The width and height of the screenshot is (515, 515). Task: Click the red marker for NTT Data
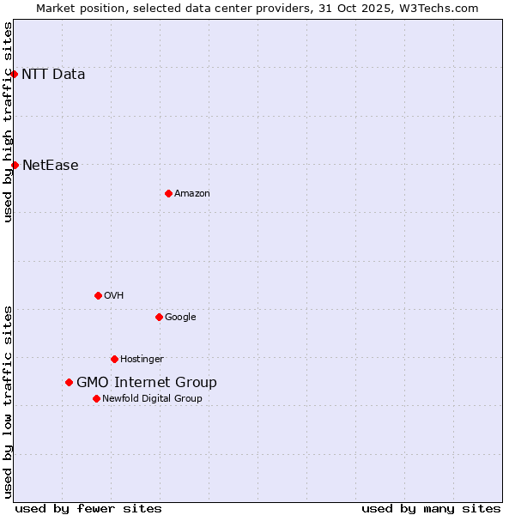click(15, 74)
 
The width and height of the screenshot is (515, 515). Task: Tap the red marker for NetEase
click(15, 165)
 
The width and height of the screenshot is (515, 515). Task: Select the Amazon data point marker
click(168, 193)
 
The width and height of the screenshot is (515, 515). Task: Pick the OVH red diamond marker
click(98, 295)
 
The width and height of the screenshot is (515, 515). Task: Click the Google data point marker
click(159, 317)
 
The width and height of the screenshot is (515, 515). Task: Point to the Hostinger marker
click(114, 359)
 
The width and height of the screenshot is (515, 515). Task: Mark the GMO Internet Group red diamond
click(69, 382)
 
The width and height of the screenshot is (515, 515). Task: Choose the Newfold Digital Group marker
click(96, 398)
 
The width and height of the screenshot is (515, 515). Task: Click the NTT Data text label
click(53, 74)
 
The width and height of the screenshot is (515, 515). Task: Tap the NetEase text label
click(50, 166)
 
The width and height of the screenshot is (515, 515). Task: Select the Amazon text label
click(192, 194)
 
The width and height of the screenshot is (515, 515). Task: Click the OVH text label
click(114, 296)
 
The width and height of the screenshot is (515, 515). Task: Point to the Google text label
click(180, 318)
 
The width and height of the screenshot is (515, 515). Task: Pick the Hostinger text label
click(142, 360)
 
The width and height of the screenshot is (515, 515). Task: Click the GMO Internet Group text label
click(147, 383)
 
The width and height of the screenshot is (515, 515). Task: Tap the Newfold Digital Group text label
click(152, 399)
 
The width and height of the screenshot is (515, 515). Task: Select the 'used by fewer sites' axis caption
click(88, 508)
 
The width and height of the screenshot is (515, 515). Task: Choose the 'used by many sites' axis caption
click(431, 508)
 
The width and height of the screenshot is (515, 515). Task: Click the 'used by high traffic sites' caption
click(8, 122)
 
